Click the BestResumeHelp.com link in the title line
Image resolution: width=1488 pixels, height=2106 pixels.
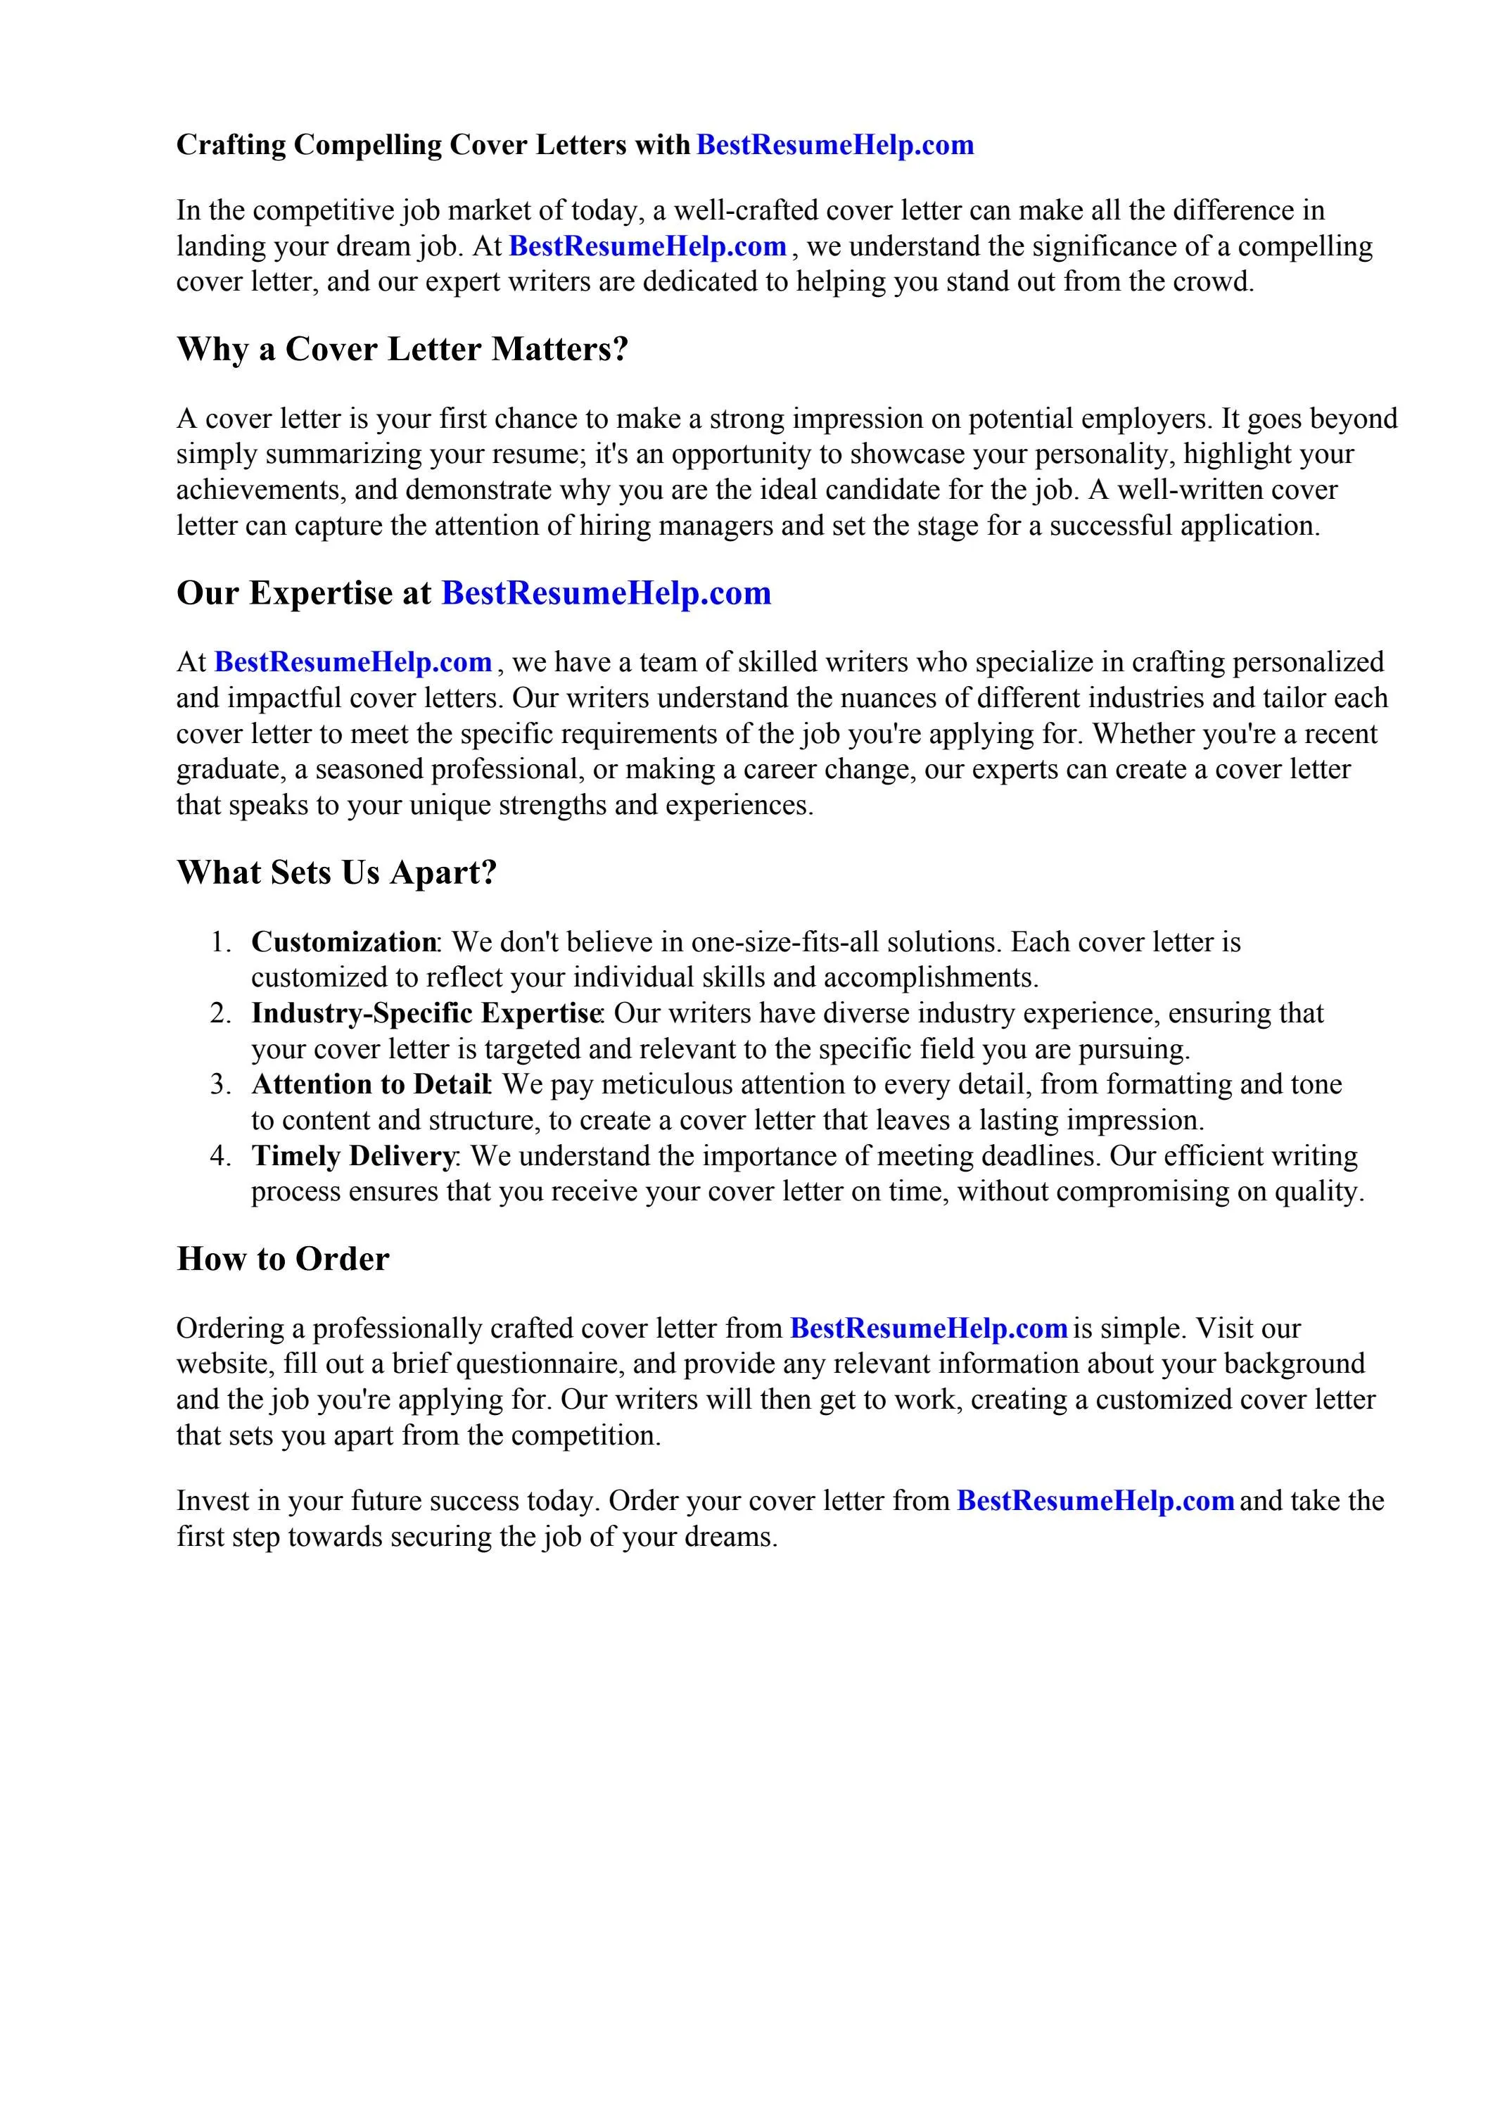835,145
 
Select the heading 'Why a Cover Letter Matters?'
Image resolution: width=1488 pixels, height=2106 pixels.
402,350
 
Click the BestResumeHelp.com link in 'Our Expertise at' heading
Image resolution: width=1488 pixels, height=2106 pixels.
606,593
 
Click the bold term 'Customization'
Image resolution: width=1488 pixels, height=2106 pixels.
343,942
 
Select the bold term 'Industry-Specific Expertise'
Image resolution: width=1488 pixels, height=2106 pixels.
426,1013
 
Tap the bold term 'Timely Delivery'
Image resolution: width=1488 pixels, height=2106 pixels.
352,1155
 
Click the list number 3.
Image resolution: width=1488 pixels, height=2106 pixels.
220,1085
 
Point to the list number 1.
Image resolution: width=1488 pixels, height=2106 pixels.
220,942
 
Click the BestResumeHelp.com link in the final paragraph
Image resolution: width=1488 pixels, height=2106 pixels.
1095,1501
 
